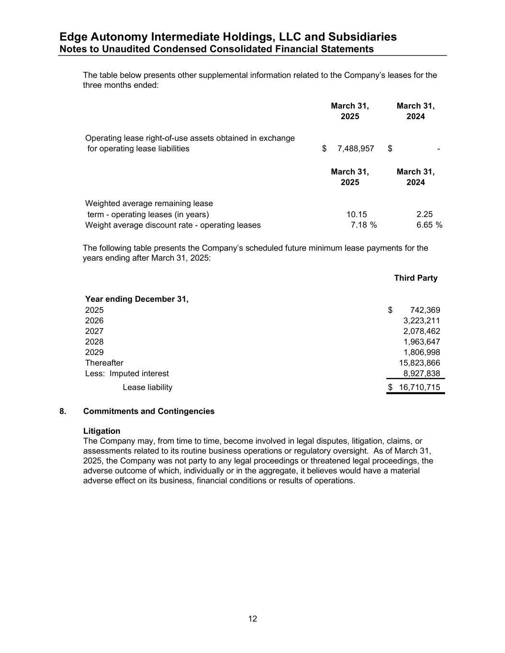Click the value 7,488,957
355,149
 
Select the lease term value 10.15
357,215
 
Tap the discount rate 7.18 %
363,225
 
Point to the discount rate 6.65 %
429,225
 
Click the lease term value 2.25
425,215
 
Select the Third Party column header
415,278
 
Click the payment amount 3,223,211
421,321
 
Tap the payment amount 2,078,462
421,331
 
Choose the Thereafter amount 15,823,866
419,363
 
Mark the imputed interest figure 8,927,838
421,374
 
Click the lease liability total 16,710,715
419,387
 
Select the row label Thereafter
104,363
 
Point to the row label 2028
94,342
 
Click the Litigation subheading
101,431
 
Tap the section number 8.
63,411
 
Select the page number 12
253,619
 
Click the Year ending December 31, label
136,299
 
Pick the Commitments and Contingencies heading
148,411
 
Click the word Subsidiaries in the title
356,37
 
